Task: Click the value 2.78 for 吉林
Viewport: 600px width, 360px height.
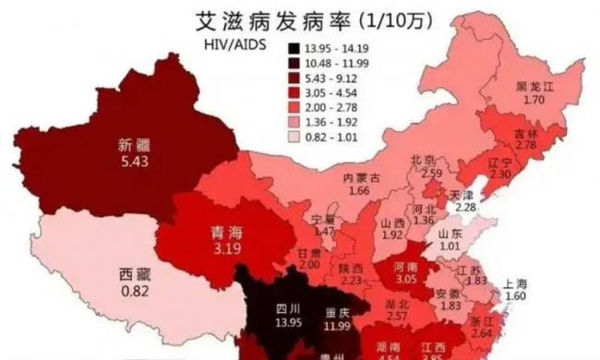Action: [x=526, y=146]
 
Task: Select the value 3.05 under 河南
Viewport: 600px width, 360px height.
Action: [x=405, y=278]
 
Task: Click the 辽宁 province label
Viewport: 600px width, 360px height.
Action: [x=501, y=159]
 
